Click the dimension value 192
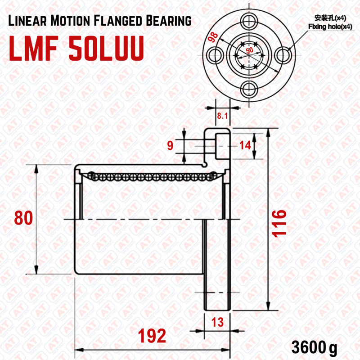pos(152,336)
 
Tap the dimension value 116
pos(279,223)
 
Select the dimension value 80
pos(23,218)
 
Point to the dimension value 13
pos(217,322)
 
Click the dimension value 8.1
pos(222,116)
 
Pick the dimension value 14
pos(245,145)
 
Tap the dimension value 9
pos(170,145)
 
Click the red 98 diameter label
pos(213,37)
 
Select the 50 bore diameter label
pos(250,50)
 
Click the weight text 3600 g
pos(314,347)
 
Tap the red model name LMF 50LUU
pos(76,49)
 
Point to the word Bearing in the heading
pos(168,21)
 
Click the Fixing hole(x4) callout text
pos(330,27)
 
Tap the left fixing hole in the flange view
pos(216,55)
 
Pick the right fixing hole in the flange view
pos(283,55)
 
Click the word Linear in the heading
pos(27,21)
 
